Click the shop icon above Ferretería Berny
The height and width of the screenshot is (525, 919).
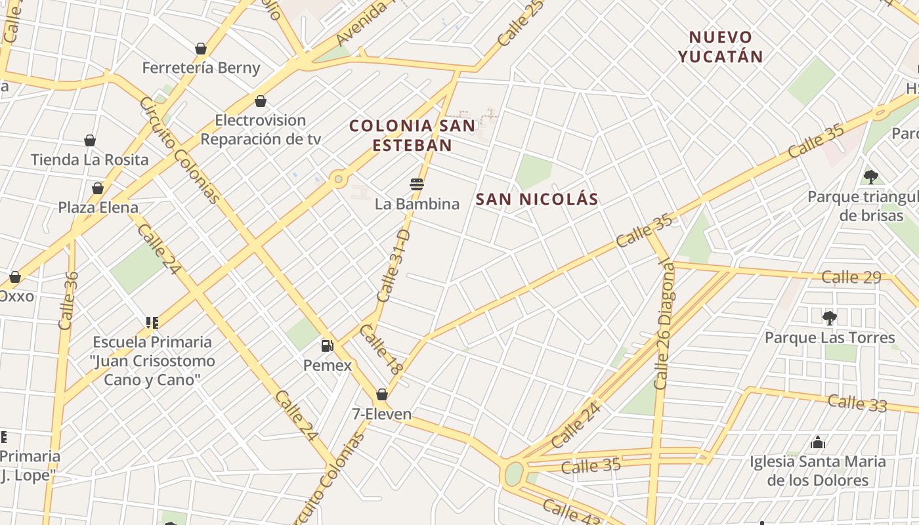(201, 49)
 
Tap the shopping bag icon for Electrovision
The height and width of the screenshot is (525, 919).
(261, 101)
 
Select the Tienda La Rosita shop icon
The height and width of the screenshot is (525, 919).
(90, 140)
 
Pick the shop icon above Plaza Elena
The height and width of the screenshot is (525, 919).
(98, 188)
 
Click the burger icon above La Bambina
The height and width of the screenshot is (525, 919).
(416, 184)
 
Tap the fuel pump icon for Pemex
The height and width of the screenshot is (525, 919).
(327, 345)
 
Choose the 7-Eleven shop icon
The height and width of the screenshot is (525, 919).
(381, 394)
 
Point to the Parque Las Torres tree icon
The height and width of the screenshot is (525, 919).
(830, 318)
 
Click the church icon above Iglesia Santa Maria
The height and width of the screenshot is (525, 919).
(817, 442)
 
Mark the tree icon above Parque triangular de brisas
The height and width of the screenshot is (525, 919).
(871, 177)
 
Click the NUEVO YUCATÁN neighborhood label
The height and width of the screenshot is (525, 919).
(721, 47)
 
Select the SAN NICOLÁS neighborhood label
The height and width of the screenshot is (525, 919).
(537, 199)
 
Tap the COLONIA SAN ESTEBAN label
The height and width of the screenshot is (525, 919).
(412, 135)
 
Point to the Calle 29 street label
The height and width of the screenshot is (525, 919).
(851, 277)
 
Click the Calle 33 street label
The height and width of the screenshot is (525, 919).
(857, 402)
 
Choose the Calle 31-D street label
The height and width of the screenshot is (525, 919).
(394, 266)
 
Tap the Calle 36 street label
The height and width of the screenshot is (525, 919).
(68, 301)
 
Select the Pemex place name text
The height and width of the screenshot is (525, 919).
(328, 366)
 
